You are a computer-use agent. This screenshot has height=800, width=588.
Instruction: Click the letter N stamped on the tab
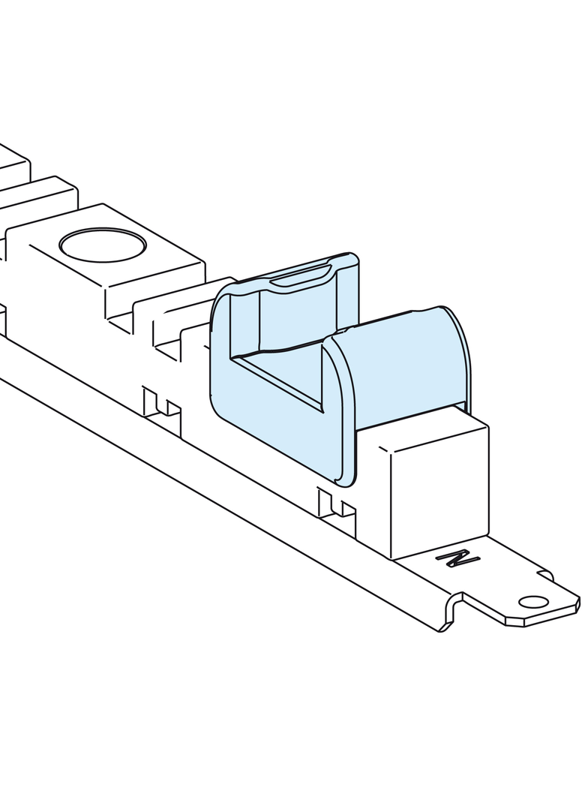pos(458,558)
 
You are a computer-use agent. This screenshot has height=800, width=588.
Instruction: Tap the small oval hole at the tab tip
pos(532,602)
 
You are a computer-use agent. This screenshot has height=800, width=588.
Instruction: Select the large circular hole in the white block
pos(102,245)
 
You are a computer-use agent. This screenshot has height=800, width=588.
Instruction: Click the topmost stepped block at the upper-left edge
pos(11,161)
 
